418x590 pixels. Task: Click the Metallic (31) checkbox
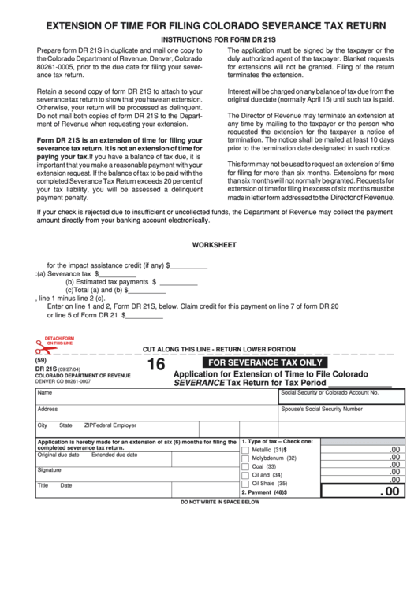(x=245, y=449)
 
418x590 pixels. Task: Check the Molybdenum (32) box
(x=245, y=458)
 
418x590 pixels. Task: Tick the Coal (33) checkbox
(x=245, y=466)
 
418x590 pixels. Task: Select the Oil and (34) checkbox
(x=245, y=475)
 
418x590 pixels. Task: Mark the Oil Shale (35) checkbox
(x=245, y=484)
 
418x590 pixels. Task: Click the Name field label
(x=44, y=392)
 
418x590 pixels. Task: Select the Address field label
(x=47, y=409)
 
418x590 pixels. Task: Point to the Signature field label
(x=50, y=469)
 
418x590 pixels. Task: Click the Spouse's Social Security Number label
(x=321, y=409)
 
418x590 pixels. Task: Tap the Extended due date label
(x=114, y=455)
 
